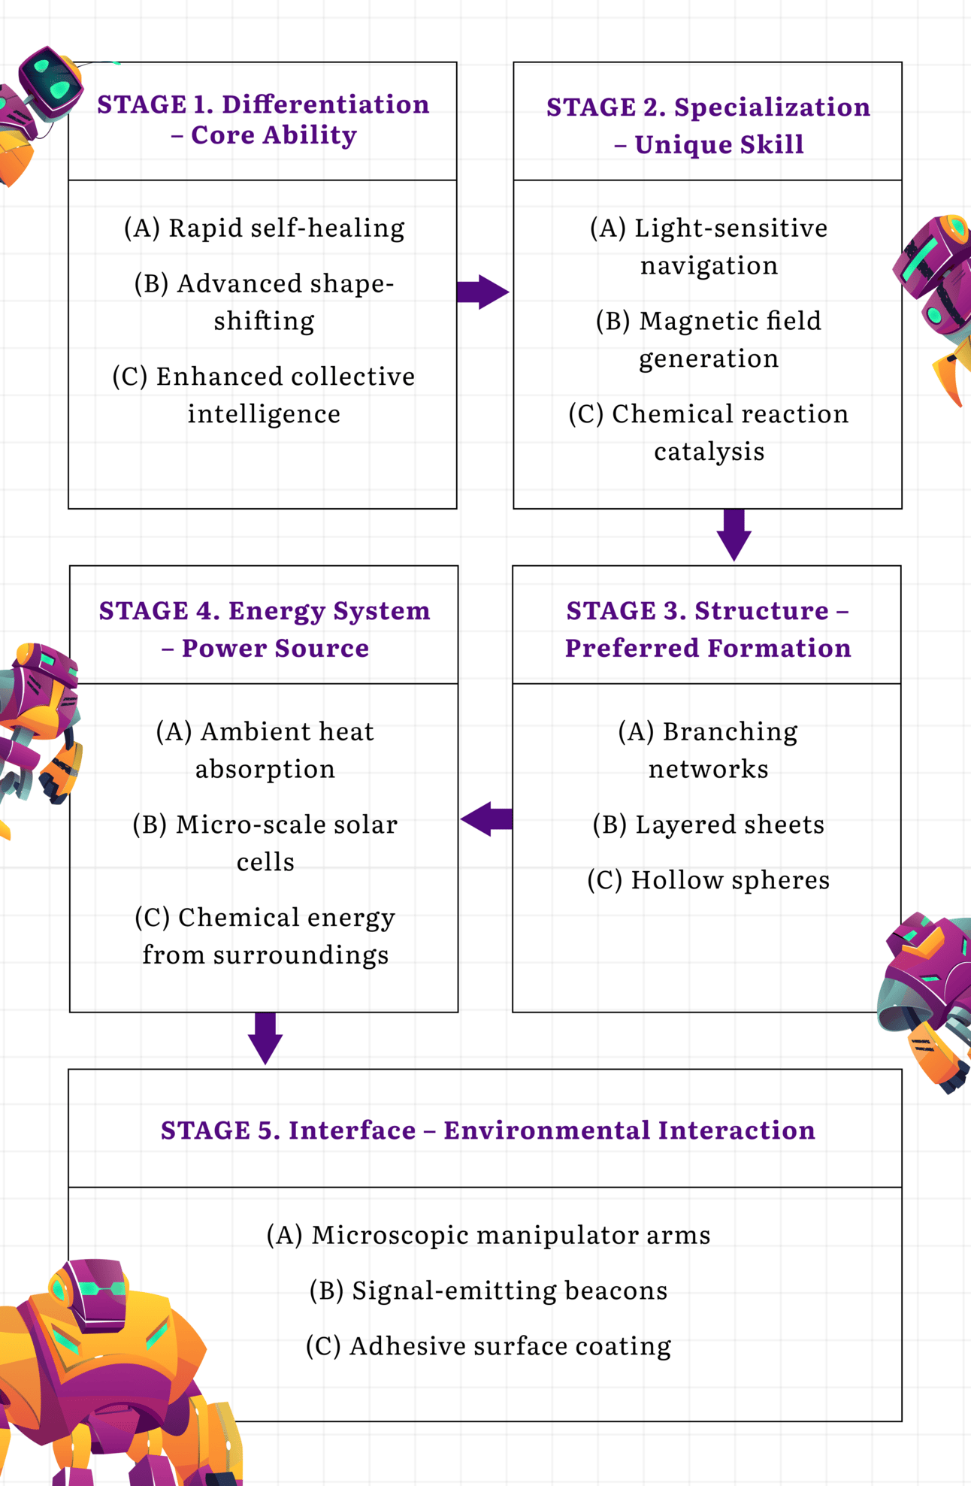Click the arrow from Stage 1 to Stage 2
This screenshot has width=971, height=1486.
(x=482, y=292)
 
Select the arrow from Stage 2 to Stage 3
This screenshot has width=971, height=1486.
(x=734, y=534)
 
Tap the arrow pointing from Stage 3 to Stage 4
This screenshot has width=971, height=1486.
(x=487, y=819)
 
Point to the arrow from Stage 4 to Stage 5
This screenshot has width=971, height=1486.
(x=265, y=1038)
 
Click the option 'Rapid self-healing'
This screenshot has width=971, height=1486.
(x=264, y=228)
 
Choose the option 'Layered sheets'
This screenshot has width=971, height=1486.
(x=708, y=825)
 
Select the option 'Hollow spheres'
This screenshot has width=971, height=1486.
(x=708, y=880)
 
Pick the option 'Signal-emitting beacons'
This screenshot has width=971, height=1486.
(x=489, y=1291)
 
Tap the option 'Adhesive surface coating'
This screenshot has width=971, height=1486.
(x=489, y=1346)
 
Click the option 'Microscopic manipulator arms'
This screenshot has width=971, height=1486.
(x=489, y=1235)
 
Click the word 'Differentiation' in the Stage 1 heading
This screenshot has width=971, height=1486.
(x=325, y=104)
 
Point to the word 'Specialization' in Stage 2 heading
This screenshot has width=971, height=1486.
(x=772, y=107)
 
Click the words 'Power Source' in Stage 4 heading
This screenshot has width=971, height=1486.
(x=275, y=648)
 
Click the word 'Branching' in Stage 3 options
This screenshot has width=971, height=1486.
(x=730, y=731)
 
